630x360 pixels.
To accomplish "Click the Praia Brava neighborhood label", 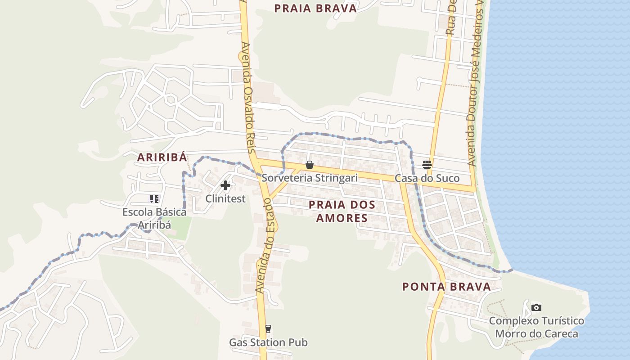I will point(315,8).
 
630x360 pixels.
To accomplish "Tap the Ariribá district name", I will point(162,157).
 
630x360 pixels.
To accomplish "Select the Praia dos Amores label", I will point(342,211).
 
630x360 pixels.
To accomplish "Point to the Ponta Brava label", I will point(446,287).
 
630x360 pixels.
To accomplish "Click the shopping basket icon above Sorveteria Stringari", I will point(310,165).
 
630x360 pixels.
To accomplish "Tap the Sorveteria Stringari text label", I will point(310,178).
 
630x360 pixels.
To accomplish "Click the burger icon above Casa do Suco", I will point(427,165).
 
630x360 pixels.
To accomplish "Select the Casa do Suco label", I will point(427,178).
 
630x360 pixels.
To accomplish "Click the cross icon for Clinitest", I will point(225,185).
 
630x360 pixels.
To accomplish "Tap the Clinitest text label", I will point(225,198).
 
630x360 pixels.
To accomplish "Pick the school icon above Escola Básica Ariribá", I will point(155,198).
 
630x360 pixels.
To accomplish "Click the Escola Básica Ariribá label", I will point(155,218).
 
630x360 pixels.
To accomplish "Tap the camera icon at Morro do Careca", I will point(536,307).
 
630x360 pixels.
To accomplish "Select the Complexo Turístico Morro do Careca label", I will point(536,327).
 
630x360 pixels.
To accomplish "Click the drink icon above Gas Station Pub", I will point(268,329).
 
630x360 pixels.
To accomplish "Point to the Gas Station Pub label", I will point(268,342).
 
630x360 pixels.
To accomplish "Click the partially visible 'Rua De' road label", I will point(451,18).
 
